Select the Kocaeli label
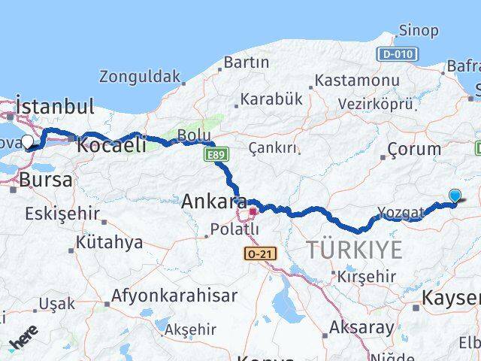[x=111, y=145]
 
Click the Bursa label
[x=46, y=180]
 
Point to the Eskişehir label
[x=62, y=214]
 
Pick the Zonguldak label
[x=141, y=76]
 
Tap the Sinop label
[x=418, y=31]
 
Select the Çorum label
[x=415, y=149]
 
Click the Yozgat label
[x=403, y=213]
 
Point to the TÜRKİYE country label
[x=354, y=250]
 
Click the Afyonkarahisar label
[x=174, y=296]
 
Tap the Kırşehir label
[x=366, y=277]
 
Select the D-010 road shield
[x=396, y=54]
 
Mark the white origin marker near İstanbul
[x=28, y=141]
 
